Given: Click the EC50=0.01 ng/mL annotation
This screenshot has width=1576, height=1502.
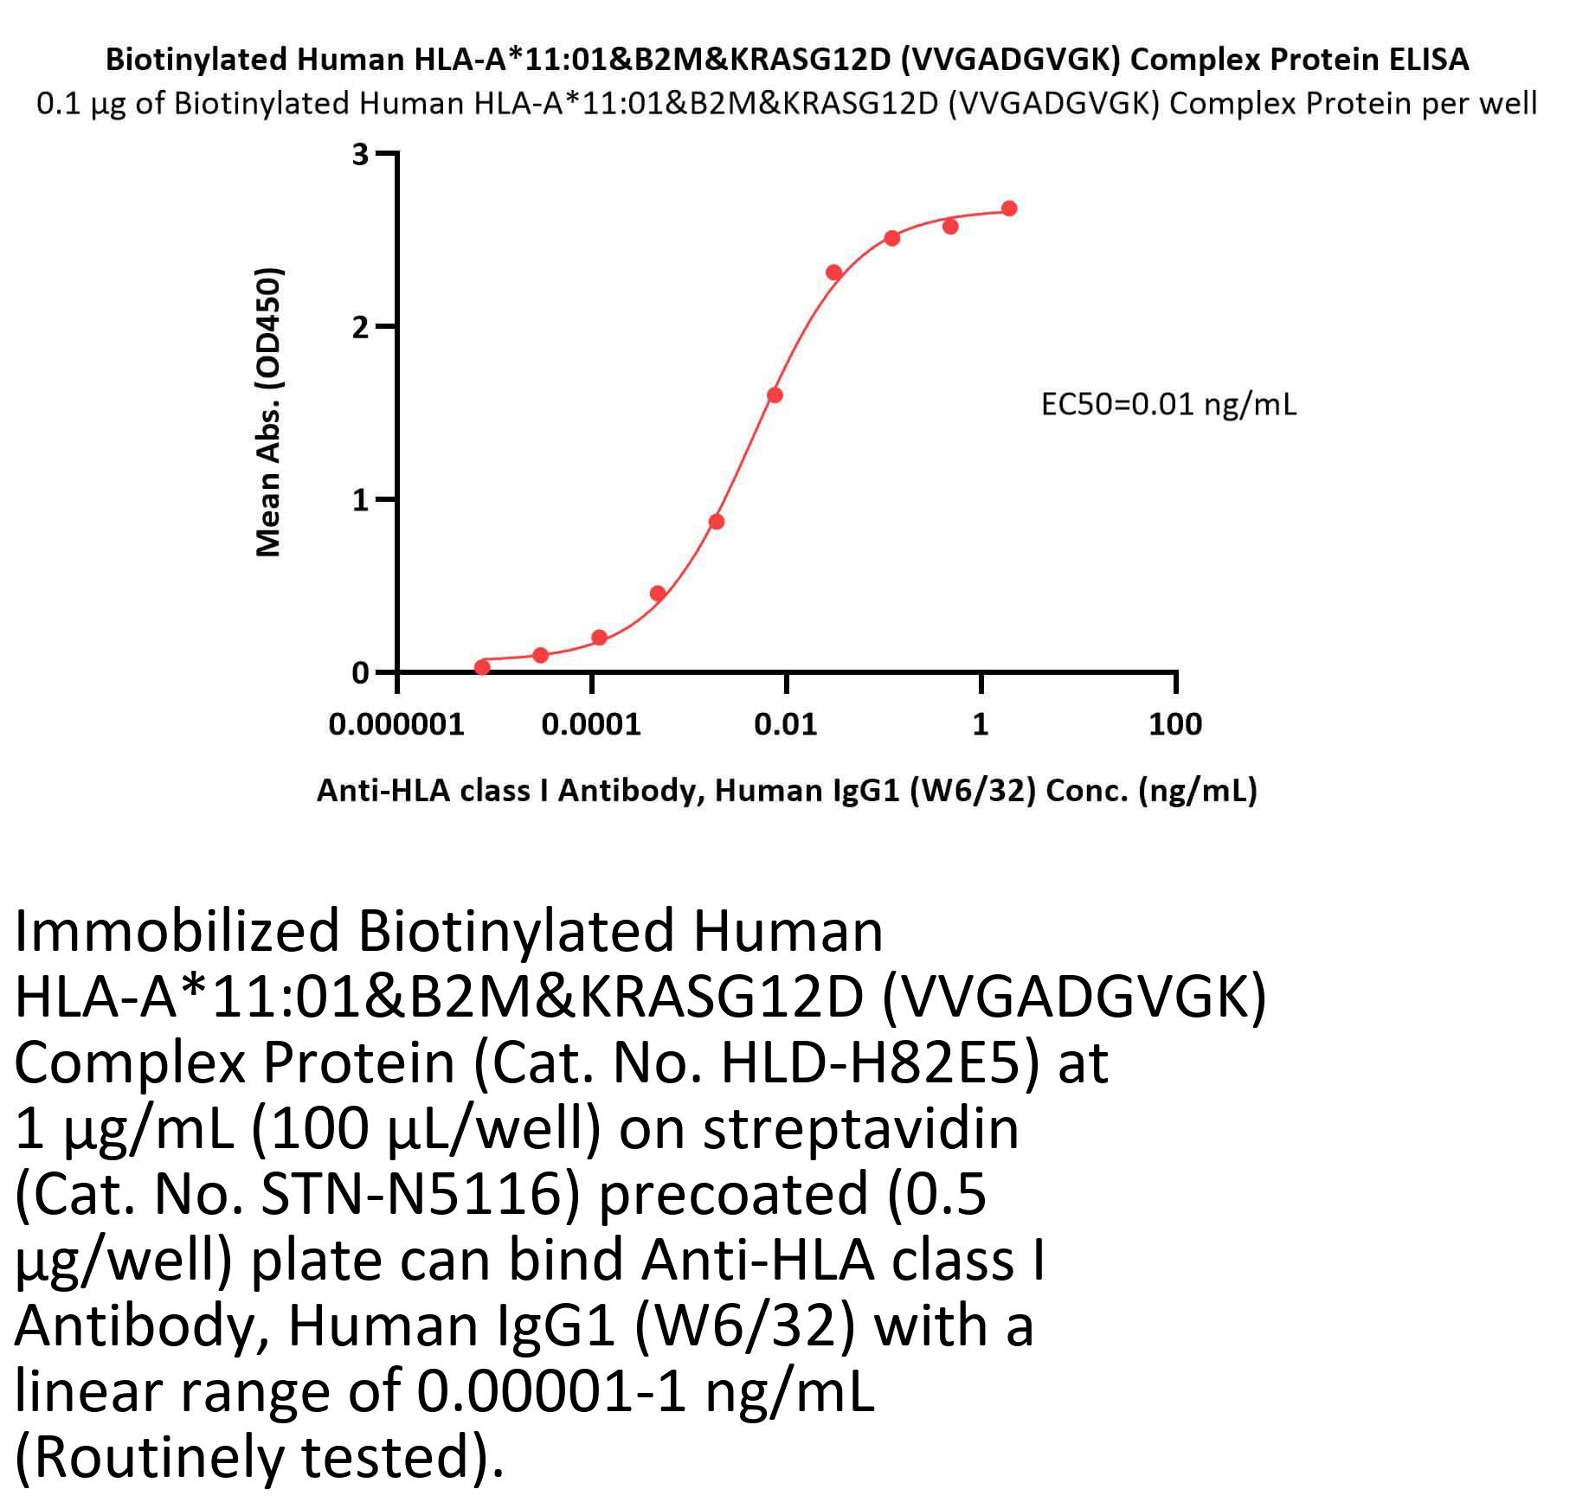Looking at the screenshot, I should tap(1168, 404).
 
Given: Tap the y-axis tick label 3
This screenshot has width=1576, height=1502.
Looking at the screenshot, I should tap(360, 155).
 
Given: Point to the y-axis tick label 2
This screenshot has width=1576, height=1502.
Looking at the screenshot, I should tap(360, 327).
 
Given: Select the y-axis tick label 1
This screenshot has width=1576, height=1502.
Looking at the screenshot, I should tap(360, 500).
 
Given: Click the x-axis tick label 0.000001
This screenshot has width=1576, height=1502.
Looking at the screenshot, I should tap(396, 724).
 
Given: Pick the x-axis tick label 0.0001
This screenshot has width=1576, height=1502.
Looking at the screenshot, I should tap(591, 724).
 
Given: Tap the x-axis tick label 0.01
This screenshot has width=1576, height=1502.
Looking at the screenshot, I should tap(785, 724).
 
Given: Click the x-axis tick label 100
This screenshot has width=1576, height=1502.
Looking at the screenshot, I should tap(1174, 724).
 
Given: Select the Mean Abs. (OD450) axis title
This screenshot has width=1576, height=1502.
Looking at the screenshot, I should tap(269, 412).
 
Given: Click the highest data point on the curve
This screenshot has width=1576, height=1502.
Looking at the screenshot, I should tap(1009, 209).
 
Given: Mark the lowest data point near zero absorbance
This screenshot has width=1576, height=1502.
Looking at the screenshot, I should tap(482, 667).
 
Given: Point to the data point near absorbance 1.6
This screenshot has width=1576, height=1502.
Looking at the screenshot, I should tap(775, 395).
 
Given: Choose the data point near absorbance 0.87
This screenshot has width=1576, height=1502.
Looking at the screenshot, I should tap(716, 522).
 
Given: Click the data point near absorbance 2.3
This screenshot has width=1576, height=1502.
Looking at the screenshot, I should tap(833, 273).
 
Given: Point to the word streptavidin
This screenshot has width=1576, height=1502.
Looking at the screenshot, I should tap(861, 1129).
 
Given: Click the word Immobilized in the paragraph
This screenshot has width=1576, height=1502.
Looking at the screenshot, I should tap(177, 932).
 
